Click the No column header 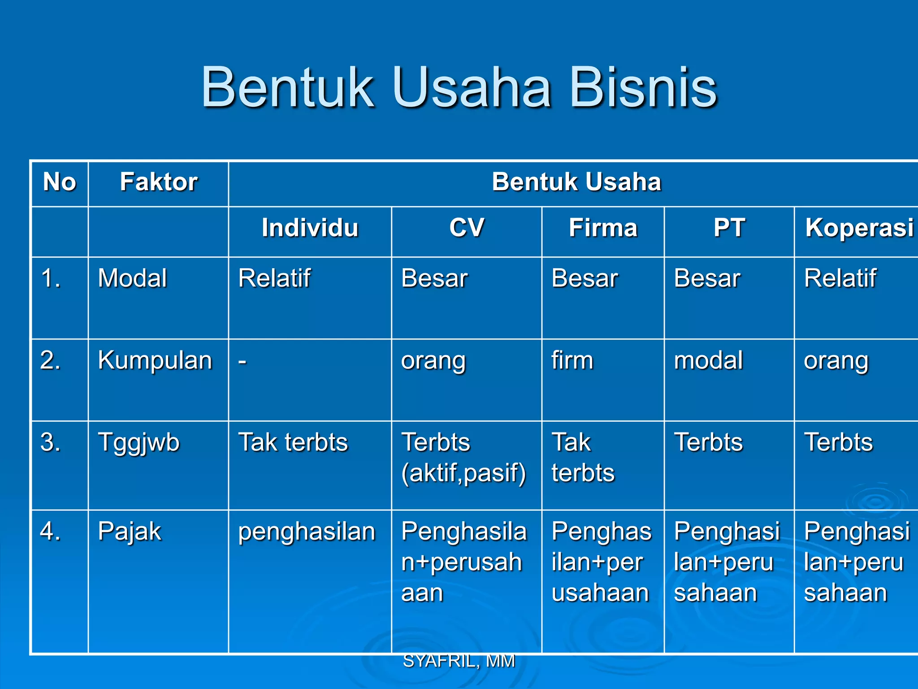(x=60, y=182)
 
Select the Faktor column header (x=159, y=182)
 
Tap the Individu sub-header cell (x=310, y=227)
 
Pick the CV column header (x=467, y=227)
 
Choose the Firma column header (x=603, y=227)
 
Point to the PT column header (x=729, y=227)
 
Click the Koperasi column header (x=859, y=227)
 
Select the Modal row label (x=132, y=278)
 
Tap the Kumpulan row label (x=155, y=361)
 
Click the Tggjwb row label (x=139, y=443)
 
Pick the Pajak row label (x=130, y=532)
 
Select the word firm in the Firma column (x=572, y=361)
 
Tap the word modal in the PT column (x=708, y=361)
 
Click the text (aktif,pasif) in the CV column (x=463, y=473)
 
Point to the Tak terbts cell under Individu (x=293, y=443)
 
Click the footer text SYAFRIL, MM (x=459, y=661)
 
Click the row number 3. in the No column (x=50, y=443)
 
